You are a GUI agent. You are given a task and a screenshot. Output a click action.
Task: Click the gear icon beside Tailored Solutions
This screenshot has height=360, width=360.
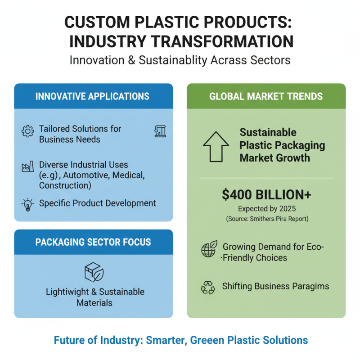pyautogui.click(x=27, y=131)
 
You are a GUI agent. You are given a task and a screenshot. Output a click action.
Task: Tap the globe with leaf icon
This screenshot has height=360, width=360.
pyautogui.click(x=209, y=249)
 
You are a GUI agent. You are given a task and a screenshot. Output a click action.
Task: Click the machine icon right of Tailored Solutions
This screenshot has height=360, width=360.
pyautogui.click(x=160, y=130)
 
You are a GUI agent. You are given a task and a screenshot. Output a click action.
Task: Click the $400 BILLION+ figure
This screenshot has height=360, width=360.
pyautogui.click(x=266, y=194)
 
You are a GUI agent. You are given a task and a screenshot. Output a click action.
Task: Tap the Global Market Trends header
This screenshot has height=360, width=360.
pyautogui.click(x=266, y=96)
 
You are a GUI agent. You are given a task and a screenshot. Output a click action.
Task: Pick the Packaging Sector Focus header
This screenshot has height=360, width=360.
pyautogui.click(x=93, y=242)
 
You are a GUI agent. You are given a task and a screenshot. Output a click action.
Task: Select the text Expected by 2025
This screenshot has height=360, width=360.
pyautogui.click(x=266, y=209)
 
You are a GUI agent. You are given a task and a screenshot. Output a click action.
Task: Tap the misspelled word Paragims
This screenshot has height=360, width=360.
pyautogui.click(x=310, y=287)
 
